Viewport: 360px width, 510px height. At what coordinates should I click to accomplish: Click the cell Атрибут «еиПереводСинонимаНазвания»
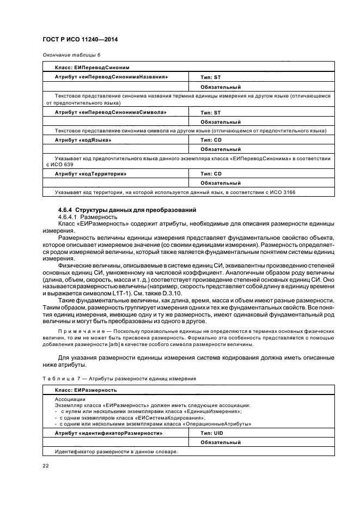click(x=111, y=77)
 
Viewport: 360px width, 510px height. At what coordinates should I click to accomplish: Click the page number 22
click(x=45, y=465)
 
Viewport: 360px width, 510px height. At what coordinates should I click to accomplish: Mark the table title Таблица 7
click(x=59, y=378)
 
